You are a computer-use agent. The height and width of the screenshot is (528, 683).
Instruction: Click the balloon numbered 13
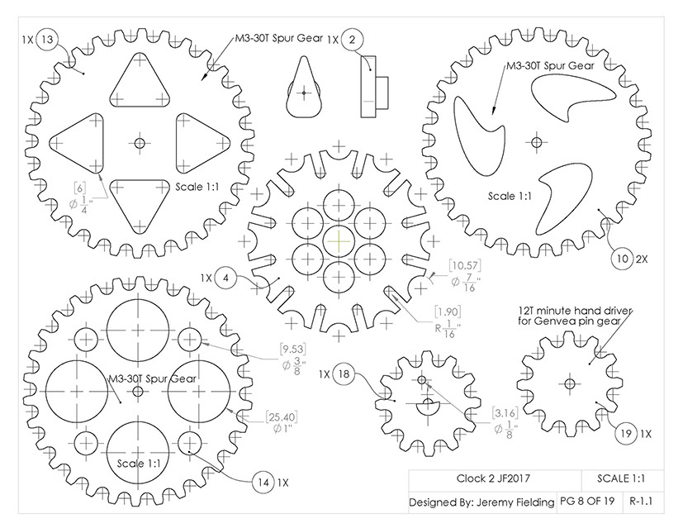tap(47, 39)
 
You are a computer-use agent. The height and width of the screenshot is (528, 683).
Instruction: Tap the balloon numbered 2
tap(353, 39)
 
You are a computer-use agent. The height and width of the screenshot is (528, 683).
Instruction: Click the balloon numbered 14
tap(263, 482)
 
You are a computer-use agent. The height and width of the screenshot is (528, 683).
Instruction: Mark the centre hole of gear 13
tap(139, 144)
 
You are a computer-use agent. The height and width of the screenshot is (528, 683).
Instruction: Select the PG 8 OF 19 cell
tap(589, 501)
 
